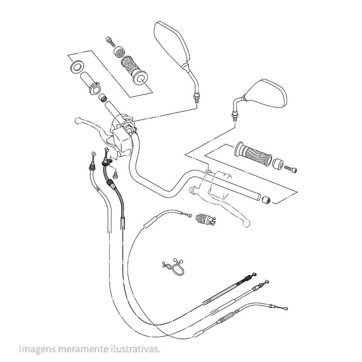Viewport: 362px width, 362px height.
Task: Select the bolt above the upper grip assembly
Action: tap(110, 41)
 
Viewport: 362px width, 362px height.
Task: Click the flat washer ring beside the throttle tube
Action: tap(76, 67)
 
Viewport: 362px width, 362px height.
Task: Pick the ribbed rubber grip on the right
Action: tap(253, 155)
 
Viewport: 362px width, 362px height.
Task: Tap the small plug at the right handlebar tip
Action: tap(266, 199)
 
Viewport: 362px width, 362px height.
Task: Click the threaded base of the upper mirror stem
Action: tap(196, 97)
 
